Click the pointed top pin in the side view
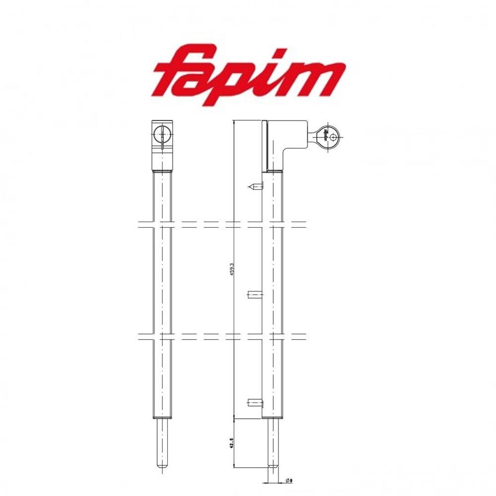254,186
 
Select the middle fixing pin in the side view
254,296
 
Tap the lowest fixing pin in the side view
254,402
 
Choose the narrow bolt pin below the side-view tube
274,441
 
